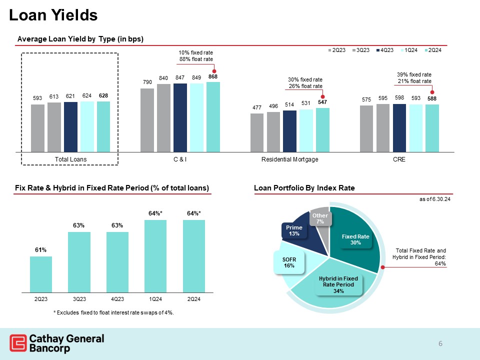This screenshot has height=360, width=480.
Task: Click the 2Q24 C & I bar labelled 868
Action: click(x=213, y=116)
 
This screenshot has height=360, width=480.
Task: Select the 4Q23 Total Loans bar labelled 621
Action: click(x=70, y=126)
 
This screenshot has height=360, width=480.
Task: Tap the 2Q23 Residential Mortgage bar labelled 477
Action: click(x=256, y=132)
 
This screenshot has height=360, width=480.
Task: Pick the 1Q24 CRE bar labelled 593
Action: click(x=415, y=127)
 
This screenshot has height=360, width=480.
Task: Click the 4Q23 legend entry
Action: click(x=385, y=49)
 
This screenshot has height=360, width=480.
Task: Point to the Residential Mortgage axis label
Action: click(x=289, y=159)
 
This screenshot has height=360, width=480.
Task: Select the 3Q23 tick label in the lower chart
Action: click(x=79, y=299)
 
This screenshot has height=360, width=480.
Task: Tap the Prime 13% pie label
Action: click(x=294, y=230)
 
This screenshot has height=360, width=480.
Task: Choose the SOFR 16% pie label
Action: click(x=289, y=263)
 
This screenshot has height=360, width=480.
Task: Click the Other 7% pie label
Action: click(x=320, y=218)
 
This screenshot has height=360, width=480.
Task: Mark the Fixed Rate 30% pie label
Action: click(x=355, y=239)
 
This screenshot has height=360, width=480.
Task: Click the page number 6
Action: click(x=440, y=343)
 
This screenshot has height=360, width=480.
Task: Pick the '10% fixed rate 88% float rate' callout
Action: click(x=196, y=56)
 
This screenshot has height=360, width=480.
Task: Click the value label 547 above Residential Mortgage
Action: click(x=322, y=102)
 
